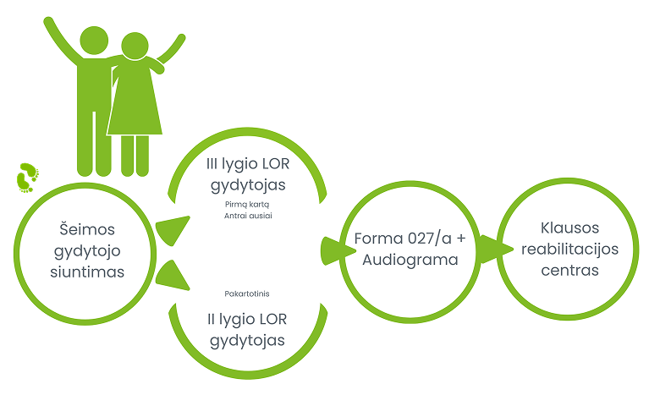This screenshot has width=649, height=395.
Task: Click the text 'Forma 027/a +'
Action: [x=410, y=239]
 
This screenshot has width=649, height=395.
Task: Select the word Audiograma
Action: [x=410, y=260]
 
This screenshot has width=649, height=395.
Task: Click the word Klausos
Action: [x=570, y=228]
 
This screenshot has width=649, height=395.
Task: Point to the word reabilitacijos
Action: [x=570, y=250]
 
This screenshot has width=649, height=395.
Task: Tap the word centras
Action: [x=570, y=271]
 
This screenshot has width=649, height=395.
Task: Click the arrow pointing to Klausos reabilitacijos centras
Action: [x=502, y=249]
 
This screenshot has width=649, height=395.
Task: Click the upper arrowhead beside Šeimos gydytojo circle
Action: [x=173, y=229]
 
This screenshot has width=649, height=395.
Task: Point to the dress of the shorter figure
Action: [x=135, y=101]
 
